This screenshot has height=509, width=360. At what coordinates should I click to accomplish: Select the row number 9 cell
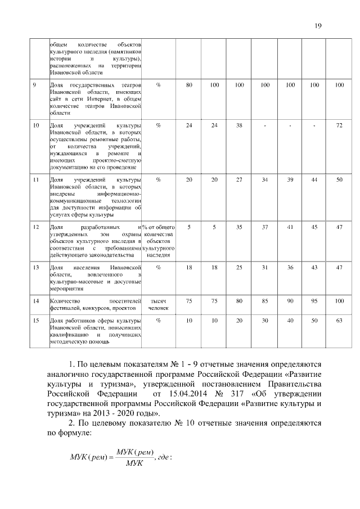35,85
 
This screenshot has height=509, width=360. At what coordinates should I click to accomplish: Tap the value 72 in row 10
339,125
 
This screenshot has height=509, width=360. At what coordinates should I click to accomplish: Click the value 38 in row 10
239,125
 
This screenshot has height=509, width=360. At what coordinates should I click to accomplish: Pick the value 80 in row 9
189,85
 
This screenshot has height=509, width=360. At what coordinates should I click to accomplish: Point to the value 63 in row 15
339,321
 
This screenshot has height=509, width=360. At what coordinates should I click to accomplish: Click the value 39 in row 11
290,179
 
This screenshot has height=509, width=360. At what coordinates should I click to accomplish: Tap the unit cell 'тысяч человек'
158,305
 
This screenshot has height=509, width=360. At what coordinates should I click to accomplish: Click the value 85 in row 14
264,301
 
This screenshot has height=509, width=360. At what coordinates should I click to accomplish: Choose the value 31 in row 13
264,267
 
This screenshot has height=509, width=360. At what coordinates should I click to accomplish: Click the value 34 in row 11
264,179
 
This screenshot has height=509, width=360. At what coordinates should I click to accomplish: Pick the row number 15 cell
35,321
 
